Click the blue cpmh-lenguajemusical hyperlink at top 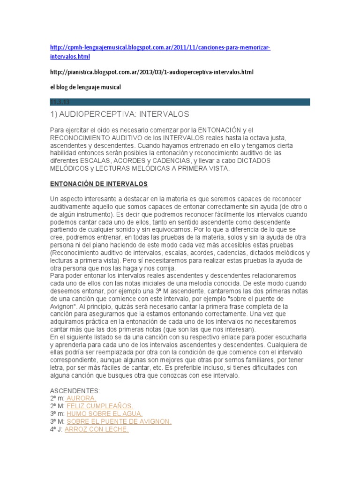(160, 48)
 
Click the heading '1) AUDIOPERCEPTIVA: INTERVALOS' (119, 114)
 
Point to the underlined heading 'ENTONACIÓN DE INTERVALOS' (99, 184)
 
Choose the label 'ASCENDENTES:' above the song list (75, 390)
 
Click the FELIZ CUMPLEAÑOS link (100, 406)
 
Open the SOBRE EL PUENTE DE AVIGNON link (119, 421)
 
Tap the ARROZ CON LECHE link (96, 429)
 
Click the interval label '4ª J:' (56, 429)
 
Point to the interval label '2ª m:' (57, 398)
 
